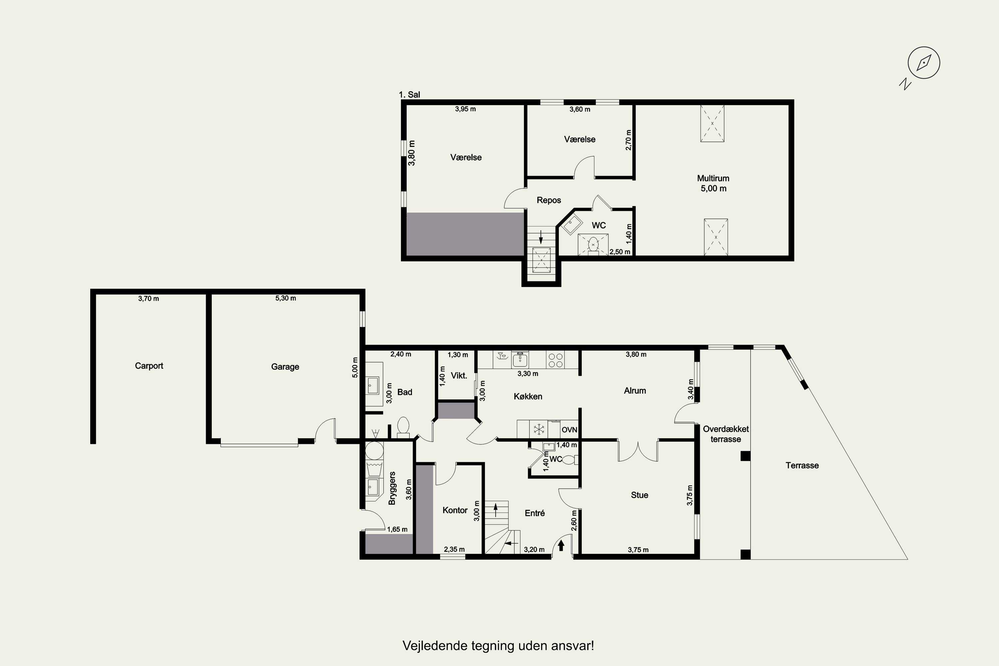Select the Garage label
click(285, 367)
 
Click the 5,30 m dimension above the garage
click(285, 298)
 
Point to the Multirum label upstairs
click(713, 178)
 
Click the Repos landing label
click(549, 200)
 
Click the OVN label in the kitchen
click(569, 430)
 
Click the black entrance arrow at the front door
click(561, 545)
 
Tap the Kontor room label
click(455, 510)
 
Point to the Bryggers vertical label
click(392, 489)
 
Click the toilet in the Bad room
click(403, 427)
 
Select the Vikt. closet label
click(459, 376)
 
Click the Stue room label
click(639, 495)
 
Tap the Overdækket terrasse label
click(726, 434)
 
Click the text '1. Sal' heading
click(410, 94)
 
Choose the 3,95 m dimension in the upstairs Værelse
click(466, 109)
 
